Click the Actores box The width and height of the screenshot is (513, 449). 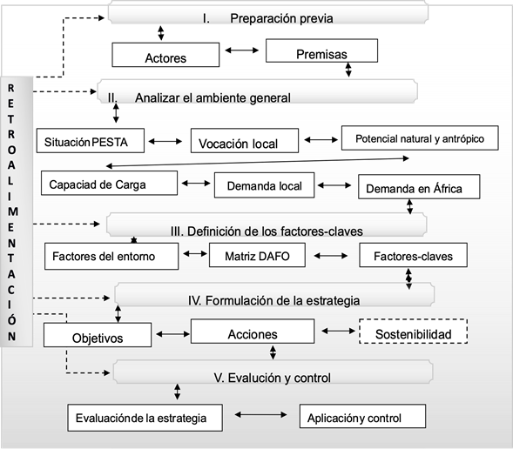(x=165, y=57)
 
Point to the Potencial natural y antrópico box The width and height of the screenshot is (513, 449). (x=419, y=137)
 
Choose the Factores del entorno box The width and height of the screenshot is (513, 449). (x=111, y=256)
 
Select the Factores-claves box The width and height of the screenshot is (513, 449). (x=413, y=256)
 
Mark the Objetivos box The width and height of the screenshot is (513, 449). (x=98, y=336)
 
